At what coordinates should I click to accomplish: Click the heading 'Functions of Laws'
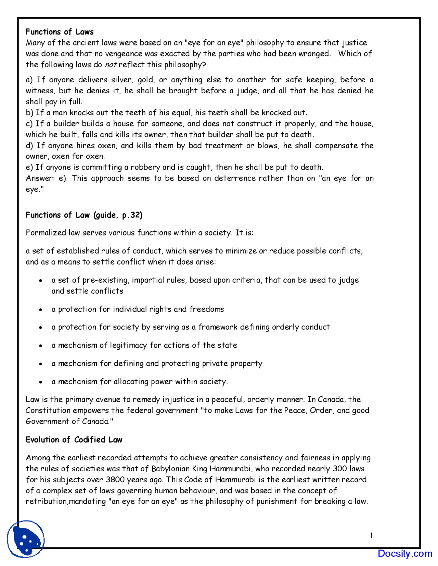(x=60, y=32)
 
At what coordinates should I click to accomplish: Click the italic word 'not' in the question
(x=110, y=65)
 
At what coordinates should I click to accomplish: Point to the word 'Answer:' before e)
(x=40, y=178)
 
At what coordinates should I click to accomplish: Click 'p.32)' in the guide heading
(x=132, y=215)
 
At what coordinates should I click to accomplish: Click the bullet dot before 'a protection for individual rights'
(x=41, y=310)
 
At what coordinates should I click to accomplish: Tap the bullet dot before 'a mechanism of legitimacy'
(x=41, y=346)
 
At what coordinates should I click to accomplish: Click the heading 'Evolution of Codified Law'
(x=74, y=440)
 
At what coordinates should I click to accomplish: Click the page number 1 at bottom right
(x=371, y=536)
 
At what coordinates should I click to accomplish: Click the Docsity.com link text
(x=405, y=553)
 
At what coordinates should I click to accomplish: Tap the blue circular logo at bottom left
(x=26, y=539)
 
